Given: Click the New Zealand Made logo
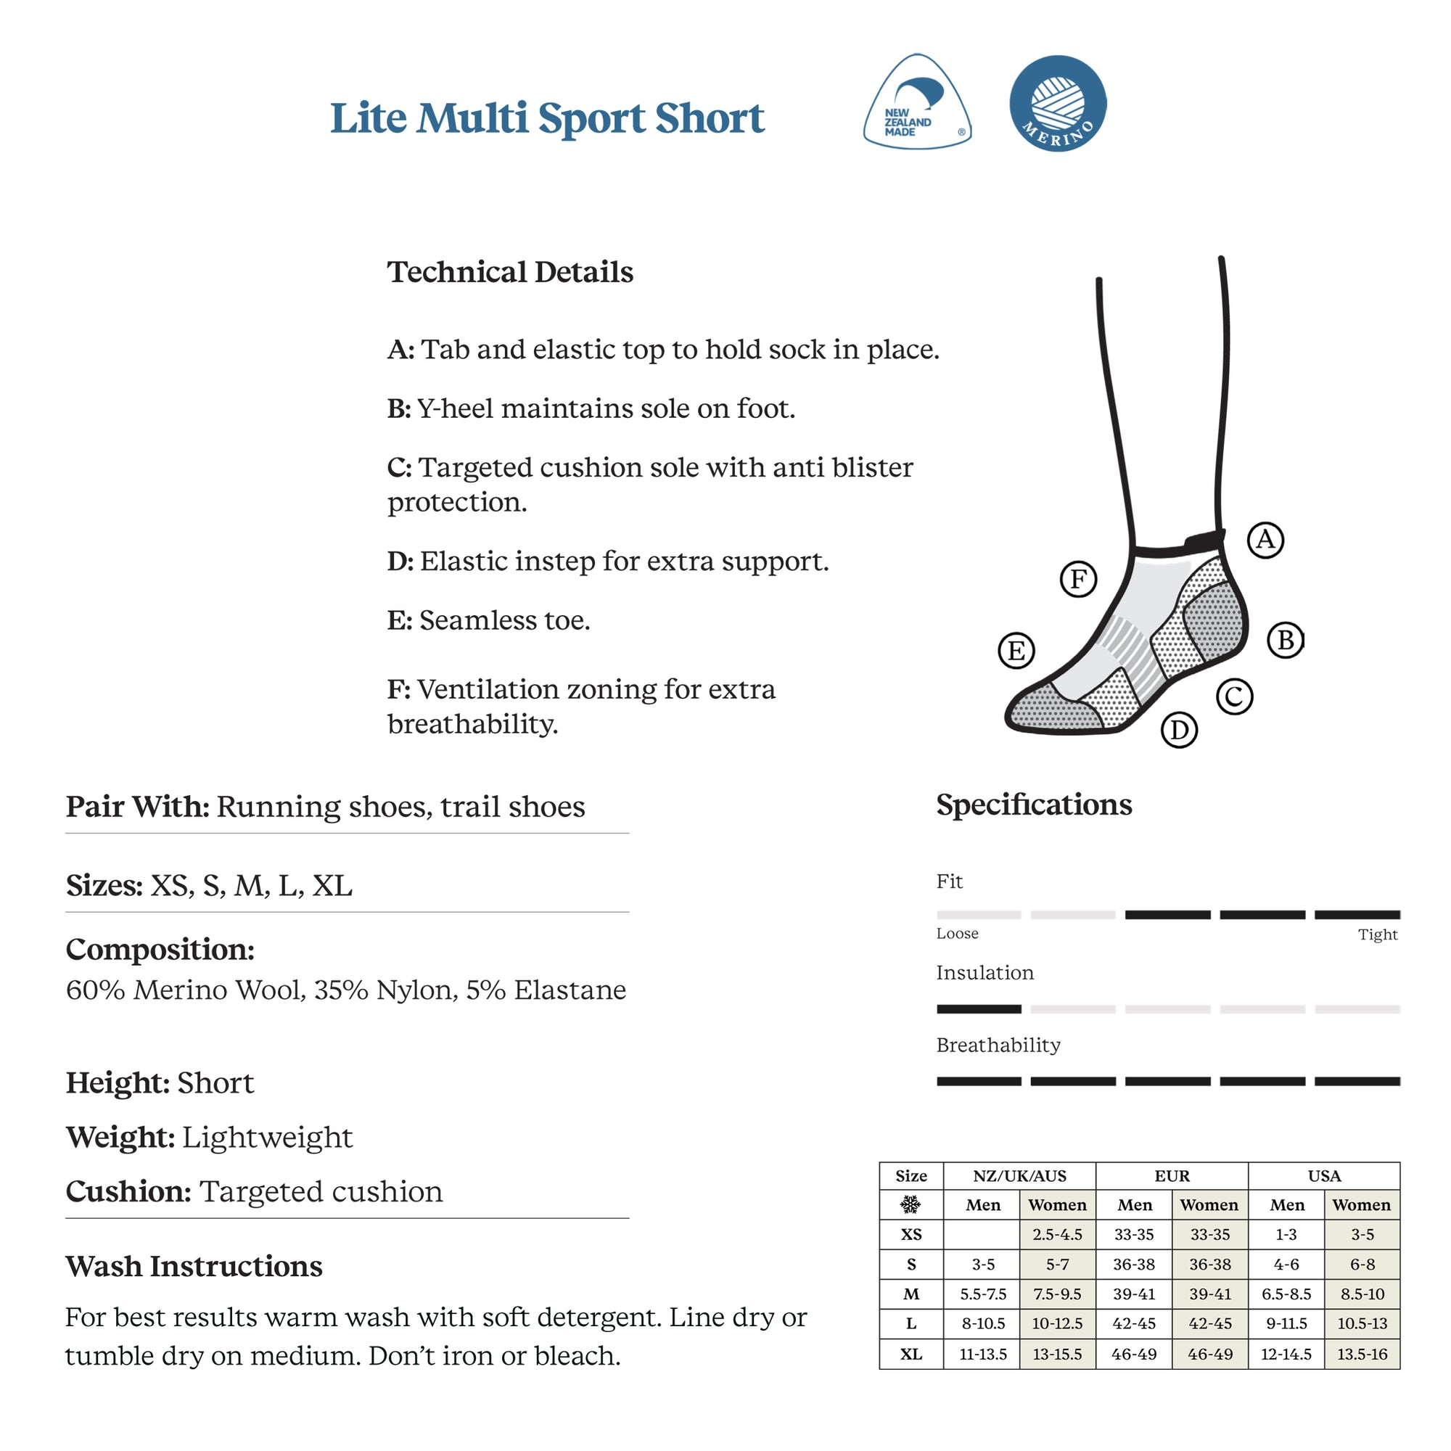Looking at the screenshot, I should click(x=917, y=103).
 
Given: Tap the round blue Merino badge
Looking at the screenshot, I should click(x=1058, y=103).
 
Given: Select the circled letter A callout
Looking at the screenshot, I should click(x=1265, y=540).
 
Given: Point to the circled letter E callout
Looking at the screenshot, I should click(x=1016, y=650).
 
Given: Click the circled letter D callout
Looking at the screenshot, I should click(x=1179, y=730).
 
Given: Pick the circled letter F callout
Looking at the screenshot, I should click(x=1079, y=579).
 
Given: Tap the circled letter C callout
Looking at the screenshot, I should click(x=1235, y=696).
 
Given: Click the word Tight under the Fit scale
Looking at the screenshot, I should click(x=1378, y=934).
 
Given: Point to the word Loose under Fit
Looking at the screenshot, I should click(x=957, y=934).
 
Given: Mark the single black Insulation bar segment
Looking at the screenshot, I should click(x=979, y=1008).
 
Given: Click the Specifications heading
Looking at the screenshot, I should click(x=1033, y=805).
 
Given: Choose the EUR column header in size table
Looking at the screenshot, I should click(x=1172, y=1176).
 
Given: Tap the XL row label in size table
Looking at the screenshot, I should click(x=911, y=1354).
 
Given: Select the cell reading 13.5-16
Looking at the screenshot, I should click(x=1362, y=1354).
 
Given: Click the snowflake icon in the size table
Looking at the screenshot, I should click(x=911, y=1205).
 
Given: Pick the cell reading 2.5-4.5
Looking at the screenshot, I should click(x=1057, y=1235).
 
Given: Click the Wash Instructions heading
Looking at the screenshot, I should click(x=194, y=1266).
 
